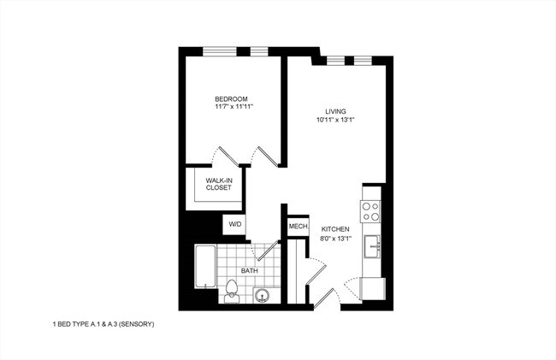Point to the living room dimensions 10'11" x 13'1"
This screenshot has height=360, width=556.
coord(334,120)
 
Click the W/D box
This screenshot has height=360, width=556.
coord(234,225)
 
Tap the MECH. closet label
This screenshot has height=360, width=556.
coord(298,227)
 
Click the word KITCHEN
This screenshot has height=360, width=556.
coord(335,230)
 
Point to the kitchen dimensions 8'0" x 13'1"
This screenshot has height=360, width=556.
coord(335,239)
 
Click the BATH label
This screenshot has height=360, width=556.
coord(249,271)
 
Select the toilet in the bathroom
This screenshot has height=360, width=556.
coord(232,291)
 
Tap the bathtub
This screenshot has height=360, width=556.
coord(204,267)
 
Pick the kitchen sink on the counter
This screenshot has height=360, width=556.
coord(373,247)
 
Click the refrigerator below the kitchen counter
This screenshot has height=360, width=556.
coord(373,288)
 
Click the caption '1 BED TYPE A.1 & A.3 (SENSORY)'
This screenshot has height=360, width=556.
coord(103,325)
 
